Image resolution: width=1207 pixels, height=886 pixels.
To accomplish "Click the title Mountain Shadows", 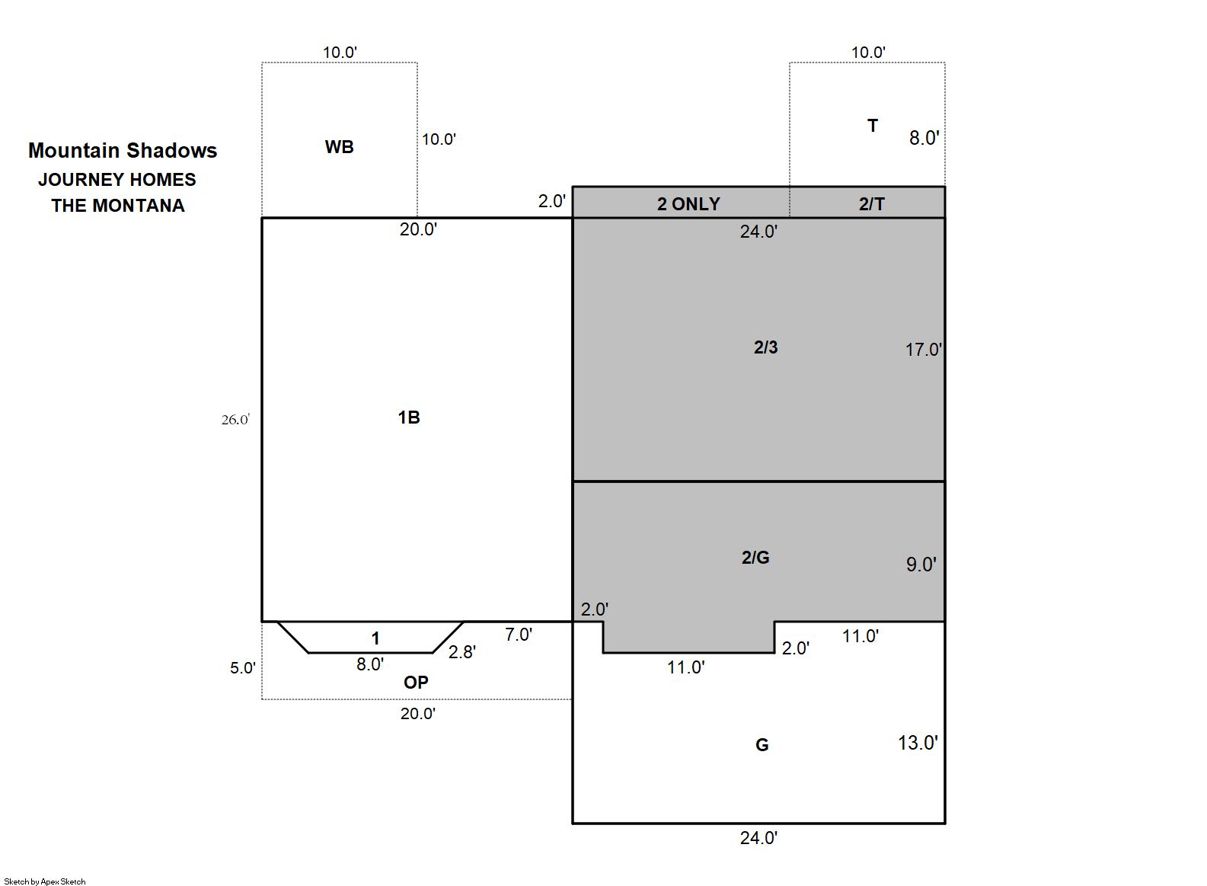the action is tap(123, 151).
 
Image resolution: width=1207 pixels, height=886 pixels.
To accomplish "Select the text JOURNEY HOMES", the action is tap(117, 180).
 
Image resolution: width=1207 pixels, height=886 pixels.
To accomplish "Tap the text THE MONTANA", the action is tap(118, 206).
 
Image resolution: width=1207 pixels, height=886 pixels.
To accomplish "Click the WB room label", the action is tap(339, 147).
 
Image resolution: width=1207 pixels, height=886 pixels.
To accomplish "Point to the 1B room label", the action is tap(408, 417).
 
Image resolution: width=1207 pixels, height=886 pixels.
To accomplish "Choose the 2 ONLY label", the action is tap(688, 204).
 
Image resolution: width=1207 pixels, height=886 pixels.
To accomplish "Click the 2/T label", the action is tap(871, 204).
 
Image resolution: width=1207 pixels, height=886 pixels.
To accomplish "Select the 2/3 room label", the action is tap(765, 347).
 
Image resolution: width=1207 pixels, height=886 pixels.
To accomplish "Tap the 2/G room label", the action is tap(755, 558).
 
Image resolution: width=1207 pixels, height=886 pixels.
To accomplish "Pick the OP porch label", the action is tap(416, 683).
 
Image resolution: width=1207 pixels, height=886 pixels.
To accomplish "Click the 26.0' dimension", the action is tap(235, 420).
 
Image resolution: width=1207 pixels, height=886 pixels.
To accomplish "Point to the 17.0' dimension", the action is tap(923, 350).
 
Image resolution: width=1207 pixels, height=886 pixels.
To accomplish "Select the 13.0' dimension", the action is tap(918, 744).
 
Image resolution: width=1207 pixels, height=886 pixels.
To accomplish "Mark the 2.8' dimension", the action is tap(461, 652).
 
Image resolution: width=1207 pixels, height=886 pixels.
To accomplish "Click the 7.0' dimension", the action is tap(519, 635).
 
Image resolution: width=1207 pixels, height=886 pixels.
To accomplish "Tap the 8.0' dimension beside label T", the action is tap(924, 138).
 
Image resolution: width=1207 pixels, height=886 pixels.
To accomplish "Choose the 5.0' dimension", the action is tap(242, 668).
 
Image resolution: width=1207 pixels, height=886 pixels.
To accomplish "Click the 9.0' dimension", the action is tap(921, 565).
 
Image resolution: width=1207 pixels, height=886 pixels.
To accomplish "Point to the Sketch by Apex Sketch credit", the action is tap(45, 881).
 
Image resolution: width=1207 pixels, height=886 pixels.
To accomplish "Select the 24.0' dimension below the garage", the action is tap(758, 838).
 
